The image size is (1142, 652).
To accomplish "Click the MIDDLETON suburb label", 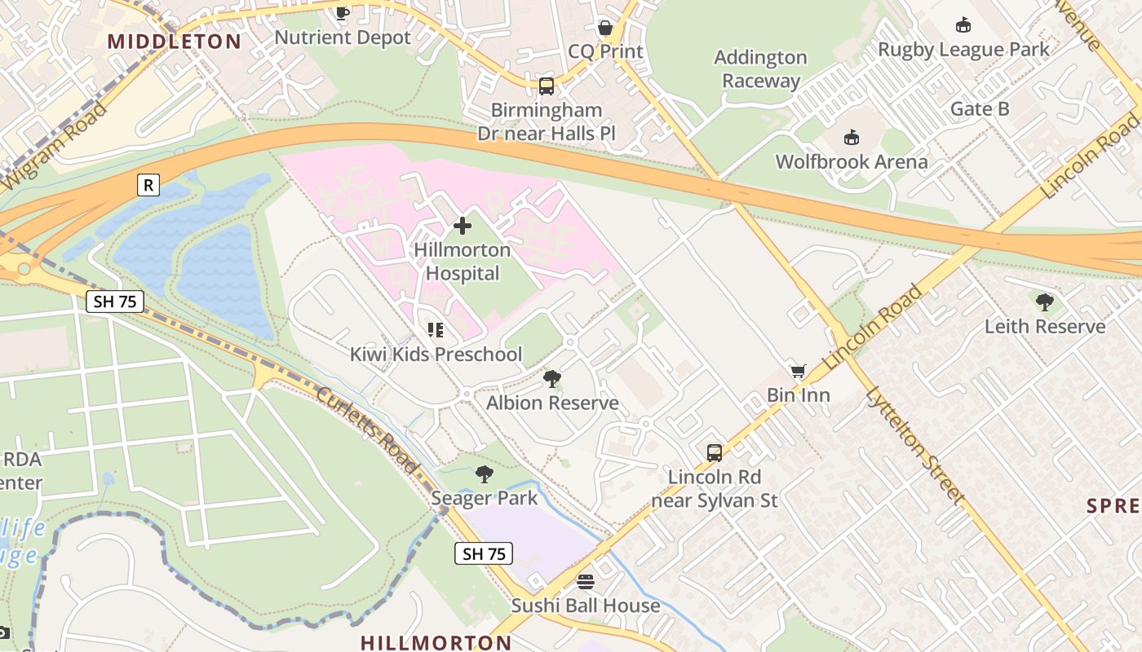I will [174, 42].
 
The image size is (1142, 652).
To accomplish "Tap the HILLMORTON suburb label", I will [436, 642].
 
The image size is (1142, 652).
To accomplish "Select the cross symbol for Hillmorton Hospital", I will [463, 226].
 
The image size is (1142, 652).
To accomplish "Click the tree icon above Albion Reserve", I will [552, 378].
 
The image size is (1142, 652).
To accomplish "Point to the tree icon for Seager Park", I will [485, 474].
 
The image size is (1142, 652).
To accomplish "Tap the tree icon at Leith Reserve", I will [1044, 302].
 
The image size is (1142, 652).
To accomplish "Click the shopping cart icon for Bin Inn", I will [798, 371].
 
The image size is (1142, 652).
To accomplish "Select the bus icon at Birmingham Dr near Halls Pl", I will [547, 86].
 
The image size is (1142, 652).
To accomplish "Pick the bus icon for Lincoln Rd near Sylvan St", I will [715, 452].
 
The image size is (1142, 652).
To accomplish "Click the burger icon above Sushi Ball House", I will [585, 581].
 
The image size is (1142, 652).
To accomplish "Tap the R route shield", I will [148, 186].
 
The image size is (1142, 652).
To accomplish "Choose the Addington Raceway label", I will [760, 69].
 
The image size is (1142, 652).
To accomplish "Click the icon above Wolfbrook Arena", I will [852, 136].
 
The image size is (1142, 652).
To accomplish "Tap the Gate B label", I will [980, 109].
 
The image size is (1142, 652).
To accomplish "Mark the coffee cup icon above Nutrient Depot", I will [343, 12].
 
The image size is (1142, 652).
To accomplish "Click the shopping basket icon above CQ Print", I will [605, 28].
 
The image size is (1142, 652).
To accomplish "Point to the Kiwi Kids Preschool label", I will [436, 355].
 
